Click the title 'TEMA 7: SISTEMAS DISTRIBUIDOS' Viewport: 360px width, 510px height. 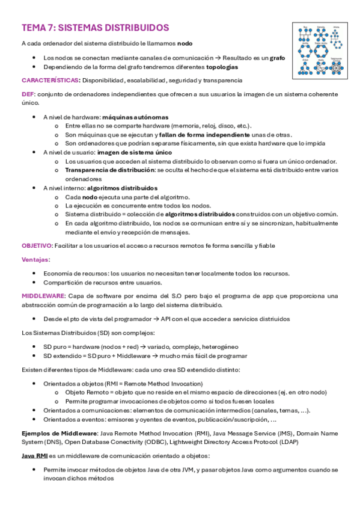coord(95,28)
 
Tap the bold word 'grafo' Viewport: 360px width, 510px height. coord(277,58)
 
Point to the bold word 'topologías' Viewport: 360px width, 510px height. coord(222,67)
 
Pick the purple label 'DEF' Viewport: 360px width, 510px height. coord(28,94)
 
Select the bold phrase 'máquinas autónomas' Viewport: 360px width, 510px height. coord(135,117)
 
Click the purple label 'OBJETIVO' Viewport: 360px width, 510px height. coord(37,245)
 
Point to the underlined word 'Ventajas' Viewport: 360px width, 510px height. coord(35,259)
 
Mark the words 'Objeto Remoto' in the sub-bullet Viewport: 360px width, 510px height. coord(87,392)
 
